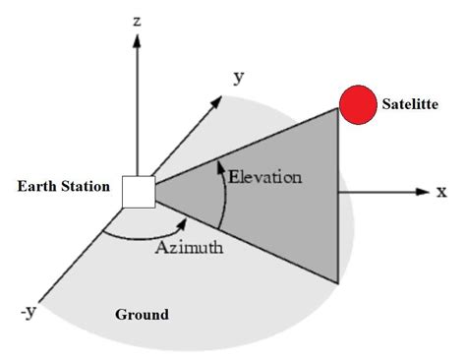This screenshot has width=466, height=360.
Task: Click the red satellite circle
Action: (357, 104)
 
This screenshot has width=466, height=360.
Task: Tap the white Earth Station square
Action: (138, 192)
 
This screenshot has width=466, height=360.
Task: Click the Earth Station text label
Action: (62, 187)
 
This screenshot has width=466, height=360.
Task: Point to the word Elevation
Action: (265, 177)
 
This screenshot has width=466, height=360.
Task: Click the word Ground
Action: (142, 316)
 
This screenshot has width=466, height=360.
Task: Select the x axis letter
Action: (442, 192)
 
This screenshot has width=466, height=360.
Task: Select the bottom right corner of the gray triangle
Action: (339, 283)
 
